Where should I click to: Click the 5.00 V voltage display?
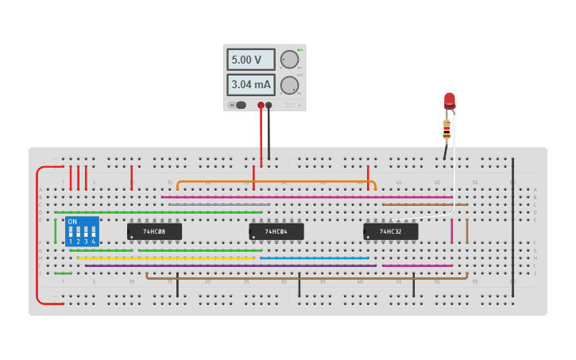251,60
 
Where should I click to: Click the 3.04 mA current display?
251,84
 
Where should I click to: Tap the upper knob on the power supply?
290,60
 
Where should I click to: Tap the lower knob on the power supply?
290,84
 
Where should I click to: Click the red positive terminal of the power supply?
261,105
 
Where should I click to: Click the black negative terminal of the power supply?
269,105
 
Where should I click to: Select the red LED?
450,100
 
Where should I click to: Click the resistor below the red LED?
446,128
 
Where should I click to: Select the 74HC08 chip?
154,231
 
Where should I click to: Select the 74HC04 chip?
276,231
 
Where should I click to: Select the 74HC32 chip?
390,231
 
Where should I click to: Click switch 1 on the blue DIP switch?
72,236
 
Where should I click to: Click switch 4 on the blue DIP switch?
94,236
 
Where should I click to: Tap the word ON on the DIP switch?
73,222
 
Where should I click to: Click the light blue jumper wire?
315,258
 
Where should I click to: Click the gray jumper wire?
218,205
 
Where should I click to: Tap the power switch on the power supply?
239,105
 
